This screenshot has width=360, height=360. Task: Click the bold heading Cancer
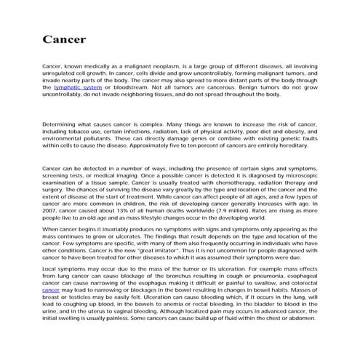[65, 39]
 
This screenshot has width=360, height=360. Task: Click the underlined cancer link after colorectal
[52, 292]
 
